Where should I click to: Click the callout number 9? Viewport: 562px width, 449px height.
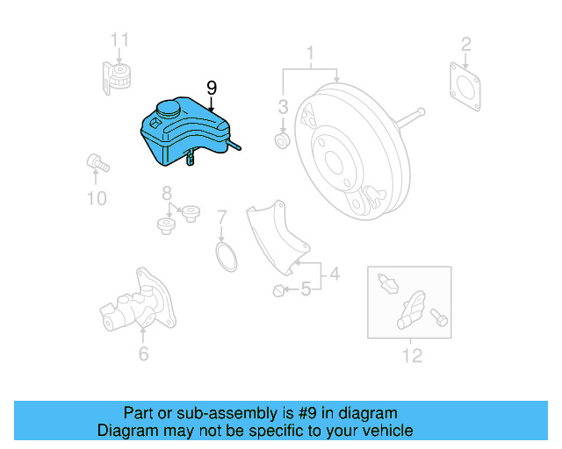tap(211, 88)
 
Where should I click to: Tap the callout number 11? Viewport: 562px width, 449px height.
tap(119, 39)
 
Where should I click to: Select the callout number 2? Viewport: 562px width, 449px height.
tap(466, 43)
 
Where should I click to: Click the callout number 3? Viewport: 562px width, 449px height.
tap(283, 107)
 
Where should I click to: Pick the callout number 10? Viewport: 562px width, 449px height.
tap(97, 198)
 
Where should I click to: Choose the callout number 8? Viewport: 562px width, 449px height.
tap(166, 193)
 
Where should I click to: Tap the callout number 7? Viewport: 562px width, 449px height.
tap(222, 217)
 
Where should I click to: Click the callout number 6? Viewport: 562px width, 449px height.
tap(143, 353)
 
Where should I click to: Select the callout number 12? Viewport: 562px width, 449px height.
tap(412, 355)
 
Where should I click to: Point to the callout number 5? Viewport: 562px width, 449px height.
tap(306, 288)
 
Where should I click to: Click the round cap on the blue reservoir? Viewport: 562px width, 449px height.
tap(166, 110)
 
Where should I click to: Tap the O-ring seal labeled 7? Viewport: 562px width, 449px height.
tap(227, 258)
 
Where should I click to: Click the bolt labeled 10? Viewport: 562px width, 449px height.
tap(96, 162)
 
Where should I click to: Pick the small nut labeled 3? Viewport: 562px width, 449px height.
tap(283, 140)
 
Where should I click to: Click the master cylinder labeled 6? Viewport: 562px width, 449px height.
tap(132, 303)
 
